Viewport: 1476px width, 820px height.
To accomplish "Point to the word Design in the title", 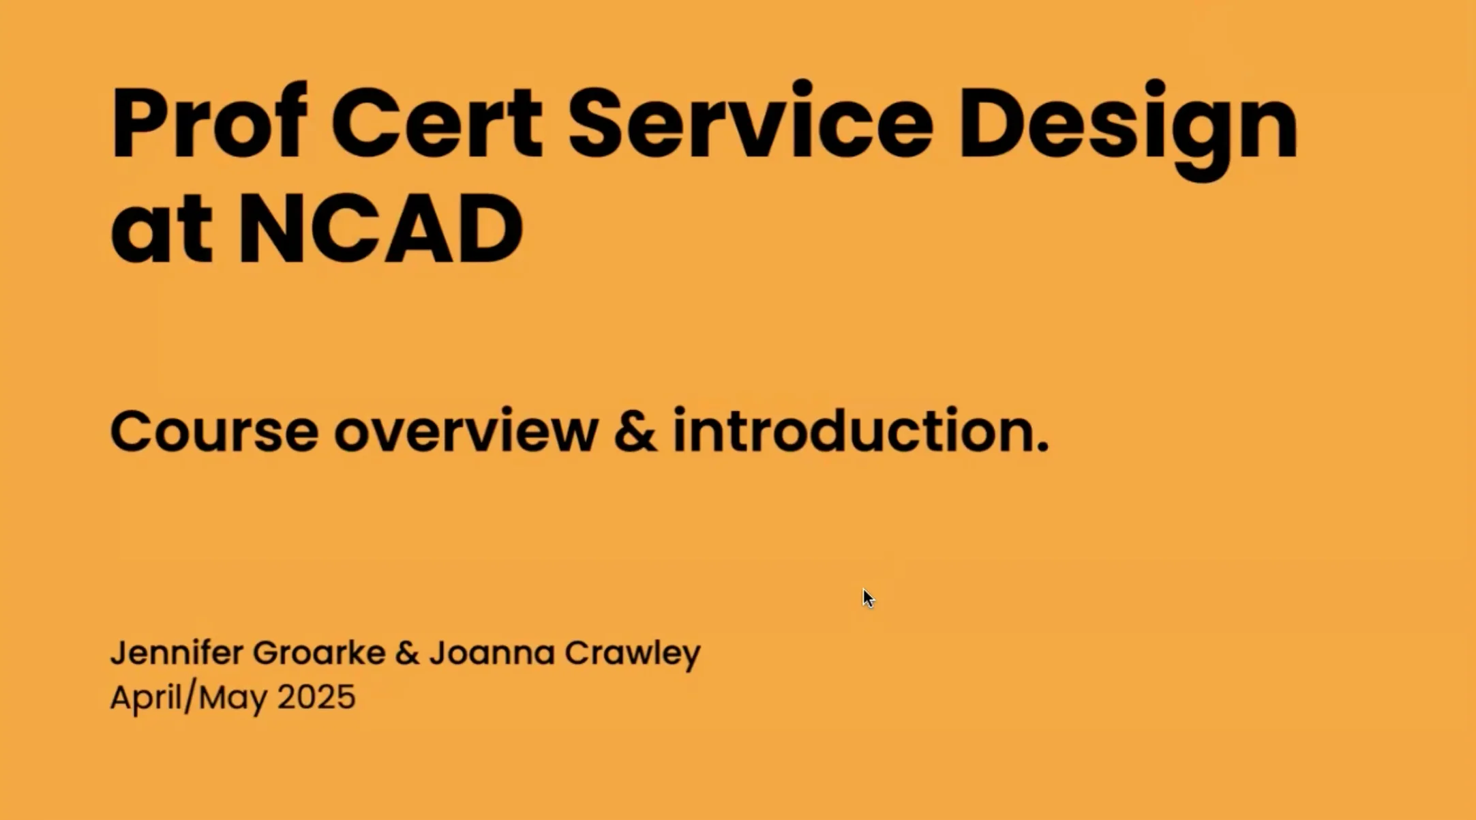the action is pos(1128,130).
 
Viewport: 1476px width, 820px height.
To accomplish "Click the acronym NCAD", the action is pos(380,228).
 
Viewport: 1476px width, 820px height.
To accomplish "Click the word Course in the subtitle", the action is pos(214,431).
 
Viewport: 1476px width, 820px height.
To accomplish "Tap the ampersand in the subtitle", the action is pos(635,430).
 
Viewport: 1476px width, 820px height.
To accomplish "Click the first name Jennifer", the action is pos(177,653).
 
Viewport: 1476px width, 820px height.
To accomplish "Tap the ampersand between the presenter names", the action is pos(407,654).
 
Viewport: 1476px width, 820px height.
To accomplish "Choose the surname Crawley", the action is pos(633,655).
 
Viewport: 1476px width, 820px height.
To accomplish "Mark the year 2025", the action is pos(316,697).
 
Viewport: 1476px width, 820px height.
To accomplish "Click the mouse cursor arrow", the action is pos(868,598).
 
